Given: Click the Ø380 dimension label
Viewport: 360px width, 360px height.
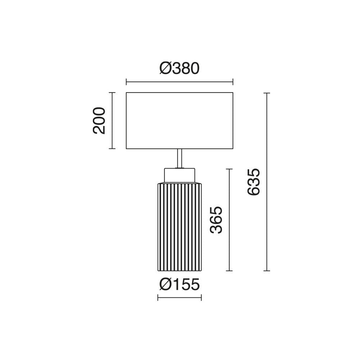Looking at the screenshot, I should (179, 68).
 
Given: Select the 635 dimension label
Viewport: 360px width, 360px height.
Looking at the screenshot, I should (253, 181).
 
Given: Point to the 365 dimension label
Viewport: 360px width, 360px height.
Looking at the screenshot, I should (217, 220).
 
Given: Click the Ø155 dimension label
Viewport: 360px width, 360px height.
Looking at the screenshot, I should (179, 285).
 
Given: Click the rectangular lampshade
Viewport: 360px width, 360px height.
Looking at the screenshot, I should (179, 121).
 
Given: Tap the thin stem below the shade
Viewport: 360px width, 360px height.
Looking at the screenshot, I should (180, 158).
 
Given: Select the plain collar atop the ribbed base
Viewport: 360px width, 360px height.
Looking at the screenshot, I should (180, 175).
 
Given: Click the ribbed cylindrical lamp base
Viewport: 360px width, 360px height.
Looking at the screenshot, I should (180, 227).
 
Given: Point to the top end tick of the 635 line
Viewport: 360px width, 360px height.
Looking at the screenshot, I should (266, 93).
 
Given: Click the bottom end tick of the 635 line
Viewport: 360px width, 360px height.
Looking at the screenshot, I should (266, 270).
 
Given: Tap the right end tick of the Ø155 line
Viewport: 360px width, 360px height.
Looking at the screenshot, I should (201, 297).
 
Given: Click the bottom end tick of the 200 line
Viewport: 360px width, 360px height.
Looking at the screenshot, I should (113, 149).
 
